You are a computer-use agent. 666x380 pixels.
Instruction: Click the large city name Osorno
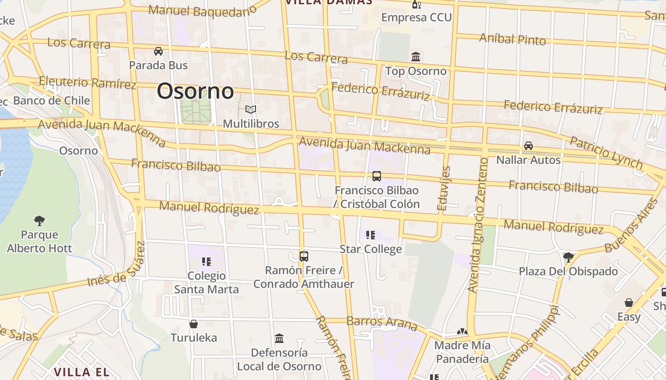click(x=195, y=91)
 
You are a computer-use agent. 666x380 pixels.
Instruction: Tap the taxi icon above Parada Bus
click(x=158, y=51)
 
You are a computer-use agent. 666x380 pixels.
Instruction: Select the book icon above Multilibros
click(x=251, y=110)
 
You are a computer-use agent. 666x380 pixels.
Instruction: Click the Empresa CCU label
click(x=416, y=18)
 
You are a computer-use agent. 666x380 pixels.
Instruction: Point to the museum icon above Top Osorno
click(x=416, y=57)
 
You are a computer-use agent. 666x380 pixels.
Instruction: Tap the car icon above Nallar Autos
click(x=528, y=146)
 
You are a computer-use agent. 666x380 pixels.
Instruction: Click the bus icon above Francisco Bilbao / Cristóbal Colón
click(x=377, y=176)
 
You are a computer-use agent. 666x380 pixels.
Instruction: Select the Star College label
click(x=371, y=249)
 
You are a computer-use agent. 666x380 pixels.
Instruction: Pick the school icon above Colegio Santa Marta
click(x=206, y=261)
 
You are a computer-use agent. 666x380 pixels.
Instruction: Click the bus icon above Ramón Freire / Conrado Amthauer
click(x=304, y=256)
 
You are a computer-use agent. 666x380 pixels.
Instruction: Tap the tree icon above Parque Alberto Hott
click(x=39, y=220)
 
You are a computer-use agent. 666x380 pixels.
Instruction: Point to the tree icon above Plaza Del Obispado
click(x=568, y=257)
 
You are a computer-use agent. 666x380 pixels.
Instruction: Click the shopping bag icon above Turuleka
click(x=194, y=324)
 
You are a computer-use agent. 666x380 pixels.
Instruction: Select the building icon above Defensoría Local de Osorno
click(x=279, y=339)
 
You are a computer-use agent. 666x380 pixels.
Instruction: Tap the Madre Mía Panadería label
click(x=462, y=352)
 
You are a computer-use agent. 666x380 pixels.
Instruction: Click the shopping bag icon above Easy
click(x=629, y=303)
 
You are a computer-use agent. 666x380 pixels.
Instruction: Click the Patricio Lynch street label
click(x=606, y=152)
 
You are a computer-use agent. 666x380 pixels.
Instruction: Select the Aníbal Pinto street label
click(x=512, y=39)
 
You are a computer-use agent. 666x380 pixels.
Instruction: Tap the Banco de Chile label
click(x=51, y=100)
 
